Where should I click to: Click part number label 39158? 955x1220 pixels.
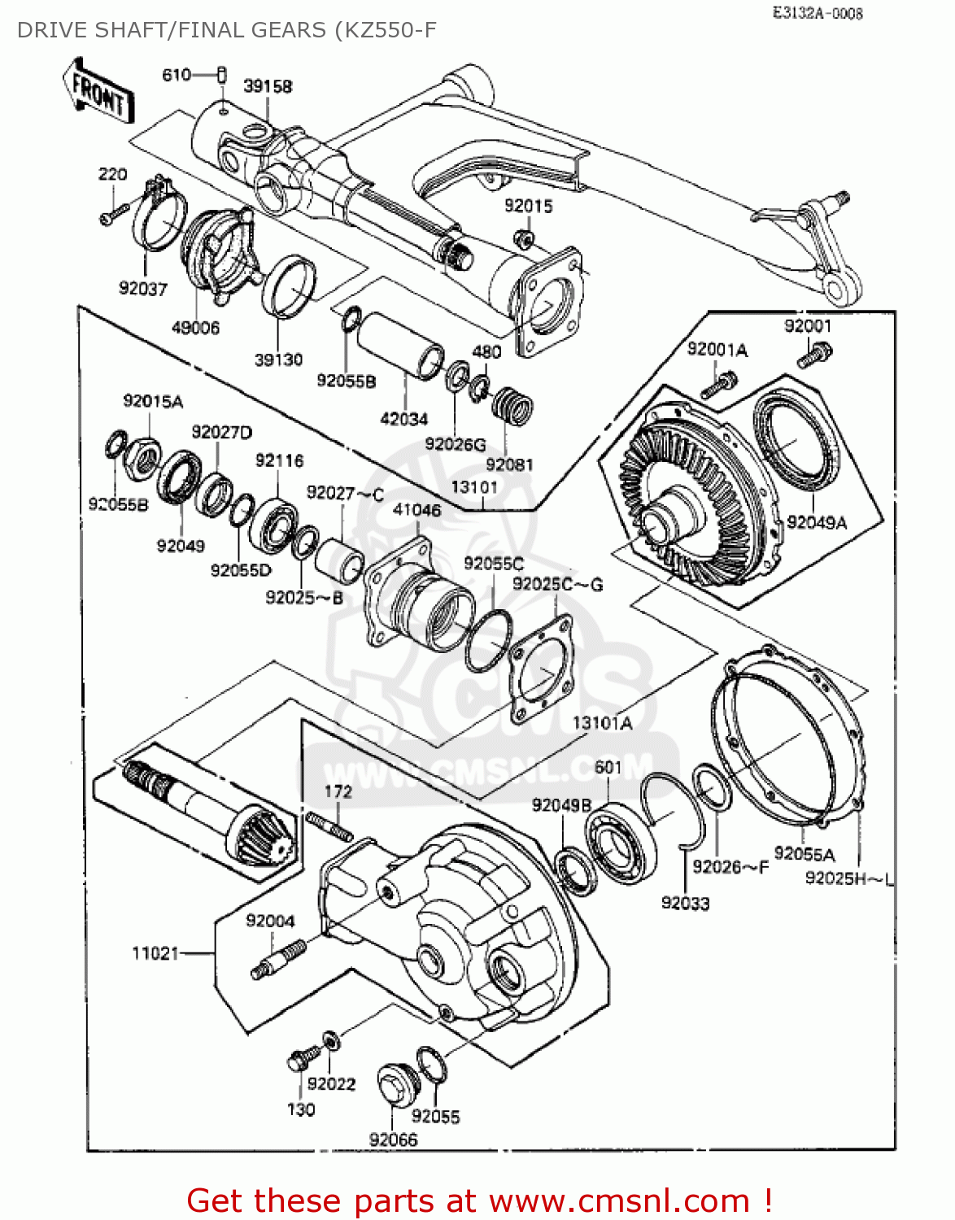coord(268,86)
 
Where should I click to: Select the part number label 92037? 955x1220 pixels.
coord(143,289)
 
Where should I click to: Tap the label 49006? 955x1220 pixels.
coord(195,328)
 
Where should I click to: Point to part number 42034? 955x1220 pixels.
coord(404,419)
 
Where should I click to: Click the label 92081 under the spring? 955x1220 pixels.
coord(509,464)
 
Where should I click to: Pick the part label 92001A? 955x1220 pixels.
coord(717,350)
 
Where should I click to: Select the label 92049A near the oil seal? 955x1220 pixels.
coord(817,522)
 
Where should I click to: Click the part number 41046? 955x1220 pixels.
coord(417,510)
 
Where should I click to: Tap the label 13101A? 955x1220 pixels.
coord(602,723)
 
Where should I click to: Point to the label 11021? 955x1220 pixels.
coord(155,952)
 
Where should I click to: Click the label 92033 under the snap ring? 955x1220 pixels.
coord(685,903)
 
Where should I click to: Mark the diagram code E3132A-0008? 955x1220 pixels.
coord(818,13)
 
